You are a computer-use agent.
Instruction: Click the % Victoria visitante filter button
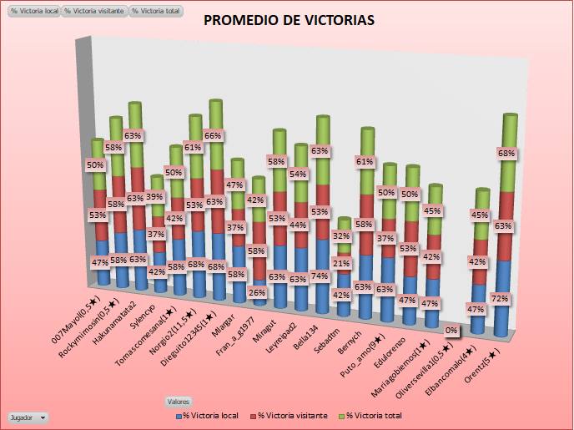tap(94, 12)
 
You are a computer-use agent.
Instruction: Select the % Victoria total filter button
tap(155, 12)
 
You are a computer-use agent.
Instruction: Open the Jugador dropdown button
tap(27, 416)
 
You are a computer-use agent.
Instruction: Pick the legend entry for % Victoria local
tap(205, 415)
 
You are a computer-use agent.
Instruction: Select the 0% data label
tap(451, 331)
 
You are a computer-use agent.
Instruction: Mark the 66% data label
tap(213, 135)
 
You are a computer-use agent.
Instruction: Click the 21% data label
tap(340, 264)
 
